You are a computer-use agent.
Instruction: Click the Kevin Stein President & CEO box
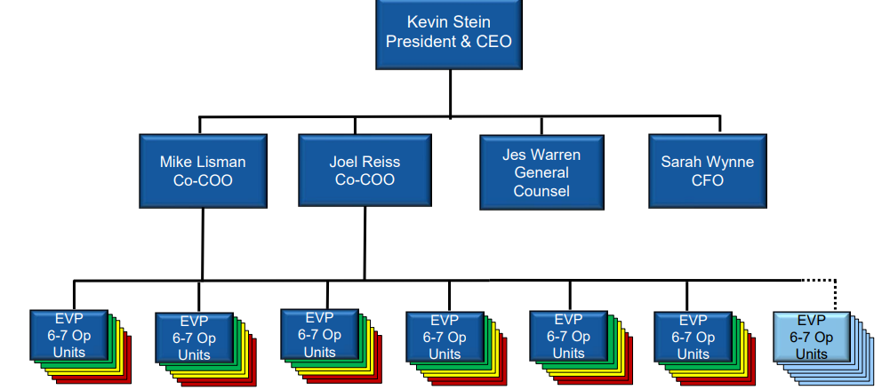(449, 34)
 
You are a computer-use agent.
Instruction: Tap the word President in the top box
(421, 42)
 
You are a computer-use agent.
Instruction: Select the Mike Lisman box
(203, 170)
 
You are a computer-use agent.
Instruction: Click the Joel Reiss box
(365, 170)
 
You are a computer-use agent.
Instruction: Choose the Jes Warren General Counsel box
(541, 171)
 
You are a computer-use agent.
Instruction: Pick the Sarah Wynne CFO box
(707, 171)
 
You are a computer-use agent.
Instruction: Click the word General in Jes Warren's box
(541, 172)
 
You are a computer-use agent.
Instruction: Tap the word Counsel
(541, 190)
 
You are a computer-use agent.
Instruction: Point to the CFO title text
(707, 180)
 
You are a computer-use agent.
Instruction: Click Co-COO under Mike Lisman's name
(203, 180)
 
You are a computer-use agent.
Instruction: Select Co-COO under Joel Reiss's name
(365, 180)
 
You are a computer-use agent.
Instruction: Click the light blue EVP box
(811, 335)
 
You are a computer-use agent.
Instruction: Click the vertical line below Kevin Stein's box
(450, 92)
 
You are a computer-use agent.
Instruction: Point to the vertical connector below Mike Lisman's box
(203, 243)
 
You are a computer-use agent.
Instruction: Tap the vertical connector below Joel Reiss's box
(364, 243)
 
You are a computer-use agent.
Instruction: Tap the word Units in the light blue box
(811, 354)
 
